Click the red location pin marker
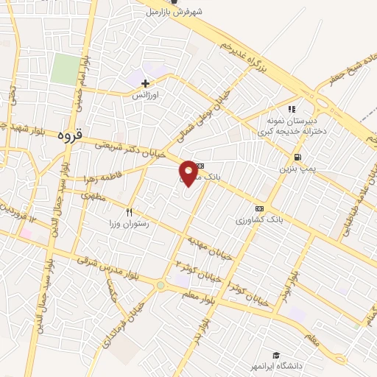click(189, 172)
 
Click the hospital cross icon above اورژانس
click(146, 83)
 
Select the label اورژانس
click(146, 96)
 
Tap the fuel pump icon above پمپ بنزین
click(297, 157)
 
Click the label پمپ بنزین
click(294, 169)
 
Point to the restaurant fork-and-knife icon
click(130, 212)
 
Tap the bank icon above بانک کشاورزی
click(258, 208)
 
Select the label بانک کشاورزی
click(258, 219)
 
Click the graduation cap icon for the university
click(275, 355)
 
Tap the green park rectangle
click(66, 71)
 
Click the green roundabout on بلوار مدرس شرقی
click(160, 285)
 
